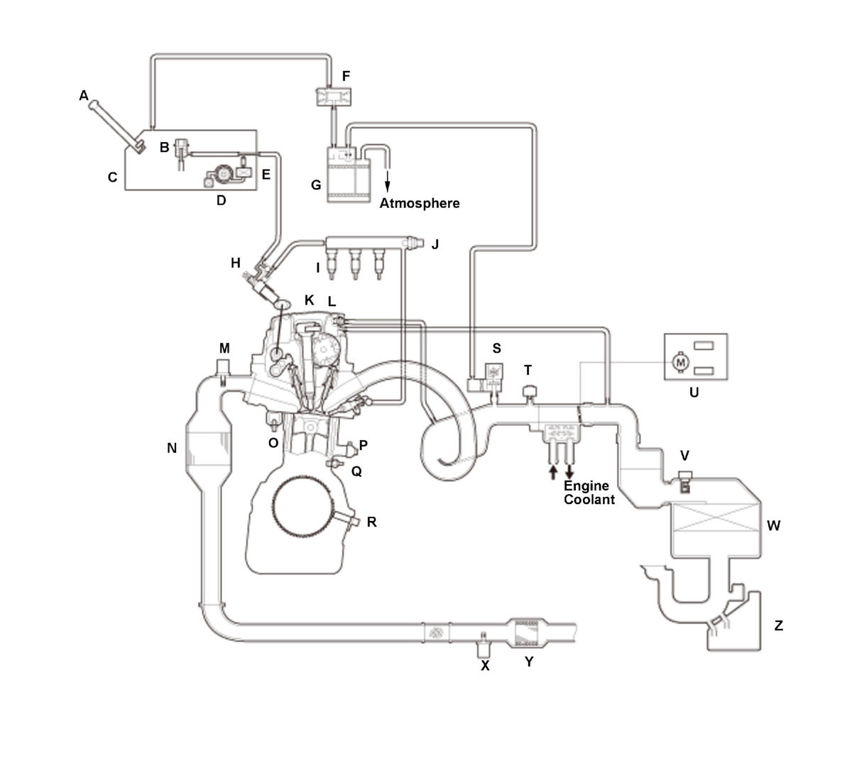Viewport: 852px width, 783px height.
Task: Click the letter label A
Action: pyautogui.click(x=84, y=95)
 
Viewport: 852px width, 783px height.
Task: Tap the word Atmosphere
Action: pyautogui.click(x=420, y=204)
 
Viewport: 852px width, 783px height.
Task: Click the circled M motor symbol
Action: pyautogui.click(x=681, y=362)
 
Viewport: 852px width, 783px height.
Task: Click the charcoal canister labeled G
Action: pyautogui.click(x=348, y=174)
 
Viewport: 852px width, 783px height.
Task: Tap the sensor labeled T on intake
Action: pyautogui.click(x=528, y=392)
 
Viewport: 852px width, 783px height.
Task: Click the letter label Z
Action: pyautogui.click(x=779, y=625)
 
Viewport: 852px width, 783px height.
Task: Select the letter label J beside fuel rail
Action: pyautogui.click(x=435, y=244)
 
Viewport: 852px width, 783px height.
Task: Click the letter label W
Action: pyautogui.click(x=774, y=526)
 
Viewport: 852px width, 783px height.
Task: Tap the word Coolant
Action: pyautogui.click(x=589, y=499)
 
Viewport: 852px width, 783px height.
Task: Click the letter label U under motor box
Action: pyautogui.click(x=694, y=391)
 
